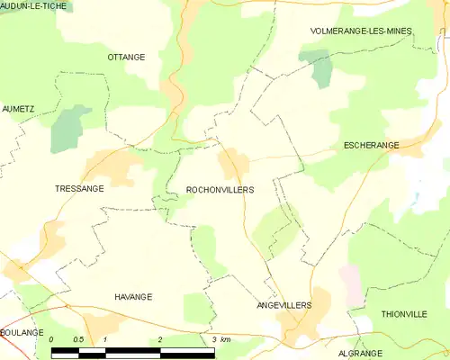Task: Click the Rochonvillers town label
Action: tap(220, 191)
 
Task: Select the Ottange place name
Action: tap(126, 57)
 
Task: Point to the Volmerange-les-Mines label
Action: tap(360, 31)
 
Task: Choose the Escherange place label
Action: tap(371, 144)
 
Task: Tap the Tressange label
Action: tap(79, 189)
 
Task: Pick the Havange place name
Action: tap(133, 296)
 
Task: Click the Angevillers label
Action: tap(284, 305)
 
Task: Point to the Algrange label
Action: tap(362, 354)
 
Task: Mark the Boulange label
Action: tap(22, 332)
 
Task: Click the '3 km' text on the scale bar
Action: tap(221, 339)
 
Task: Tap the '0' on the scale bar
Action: tap(52, 339)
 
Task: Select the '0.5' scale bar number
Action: tap(78, 339)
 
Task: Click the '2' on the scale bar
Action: tap(159, 339)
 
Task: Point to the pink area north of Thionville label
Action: tap(351, 283)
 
